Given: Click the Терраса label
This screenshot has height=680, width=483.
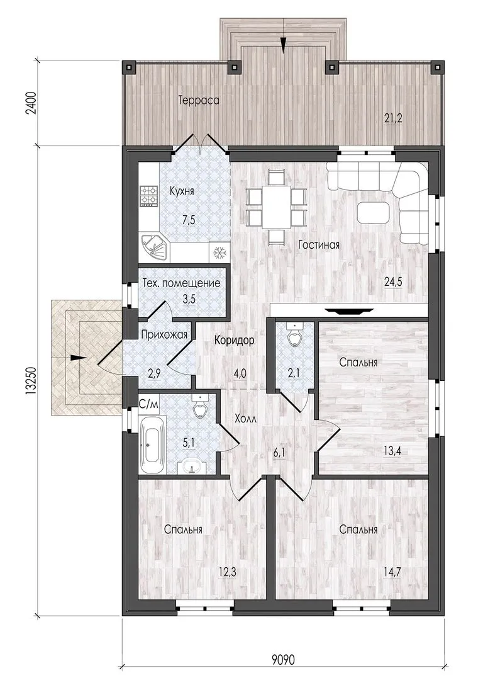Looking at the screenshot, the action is (x=199, y=101).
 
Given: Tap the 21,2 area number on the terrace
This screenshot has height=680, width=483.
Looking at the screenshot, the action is (x=393, y=118).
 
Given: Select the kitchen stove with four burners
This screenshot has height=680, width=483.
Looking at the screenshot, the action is (x=148, y=196).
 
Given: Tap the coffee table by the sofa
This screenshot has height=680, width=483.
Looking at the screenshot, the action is (x=374, y=213).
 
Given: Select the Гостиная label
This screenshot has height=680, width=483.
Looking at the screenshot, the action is (x=319, y=245).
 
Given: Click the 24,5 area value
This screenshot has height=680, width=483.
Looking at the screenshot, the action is (x=393, y=282).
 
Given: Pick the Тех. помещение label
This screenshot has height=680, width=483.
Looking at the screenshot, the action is (x=182, y=283).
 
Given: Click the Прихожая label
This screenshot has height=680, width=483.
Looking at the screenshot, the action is (x=165, y=334).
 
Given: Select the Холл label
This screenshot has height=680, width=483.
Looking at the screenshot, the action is (x=245, y=419).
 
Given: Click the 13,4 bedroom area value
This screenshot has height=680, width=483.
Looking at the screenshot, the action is (x=392, y=451).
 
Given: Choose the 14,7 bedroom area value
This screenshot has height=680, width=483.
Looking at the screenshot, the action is (x=392, y=572).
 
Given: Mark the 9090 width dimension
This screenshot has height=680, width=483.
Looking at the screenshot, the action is (x=283, y=660).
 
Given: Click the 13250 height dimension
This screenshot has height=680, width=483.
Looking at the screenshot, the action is (x=31, y=380).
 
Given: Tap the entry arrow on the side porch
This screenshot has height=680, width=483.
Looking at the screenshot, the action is (x=77, y=358).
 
